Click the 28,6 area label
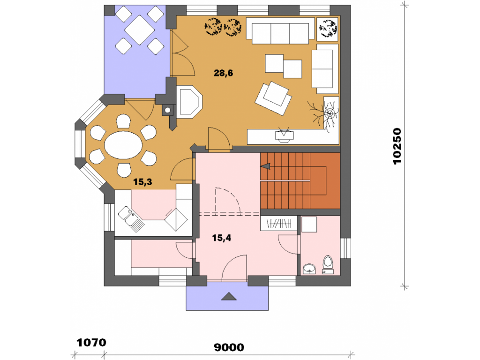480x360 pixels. (x=223, y=73)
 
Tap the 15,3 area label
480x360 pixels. (x=142, y=182)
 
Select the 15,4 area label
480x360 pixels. (x=221, y=238)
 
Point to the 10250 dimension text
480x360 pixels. (x=397, y=146)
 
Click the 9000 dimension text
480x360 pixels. (x=229, y=347)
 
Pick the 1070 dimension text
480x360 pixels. (x=91, y=343)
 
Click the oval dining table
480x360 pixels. (x=123, y=145)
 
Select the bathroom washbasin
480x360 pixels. (x=309, y=269)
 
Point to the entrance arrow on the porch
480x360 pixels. (x=229, y=296)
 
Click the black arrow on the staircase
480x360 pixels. (x=265, y=166)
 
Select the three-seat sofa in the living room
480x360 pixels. (x=280, y=30)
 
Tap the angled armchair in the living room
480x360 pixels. (x=273, y=98)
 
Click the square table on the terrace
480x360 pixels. (x=140, y=30)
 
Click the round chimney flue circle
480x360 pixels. (x=167, y=110)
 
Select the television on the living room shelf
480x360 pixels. (x=285, y=135)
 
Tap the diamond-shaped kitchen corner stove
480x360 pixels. (x=176, y=219)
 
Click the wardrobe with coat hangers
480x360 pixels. (x=278, y=223)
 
